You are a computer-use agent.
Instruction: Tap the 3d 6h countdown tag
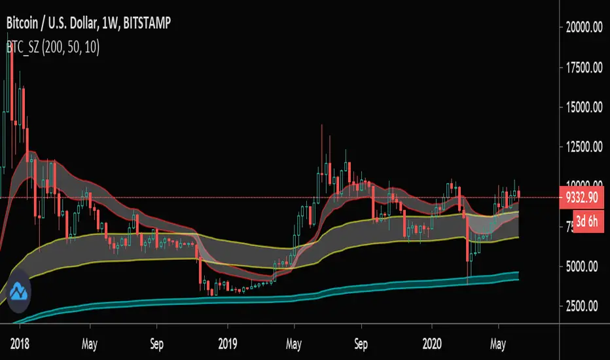click(x=588, y=221)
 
